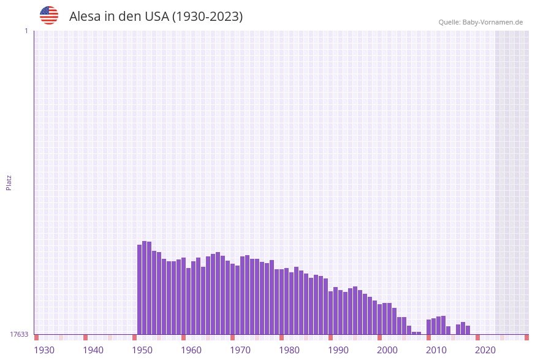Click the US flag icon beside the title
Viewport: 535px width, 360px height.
49,15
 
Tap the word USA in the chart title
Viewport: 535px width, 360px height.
156,17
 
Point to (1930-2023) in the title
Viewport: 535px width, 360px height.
208,17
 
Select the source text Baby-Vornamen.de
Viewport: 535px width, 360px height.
493,22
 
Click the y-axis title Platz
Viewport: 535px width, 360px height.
9,183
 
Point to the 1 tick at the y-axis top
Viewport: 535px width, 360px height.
26,31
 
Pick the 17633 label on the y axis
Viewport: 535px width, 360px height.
19,334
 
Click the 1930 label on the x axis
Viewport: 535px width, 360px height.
44,350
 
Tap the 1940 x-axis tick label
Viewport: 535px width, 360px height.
93,350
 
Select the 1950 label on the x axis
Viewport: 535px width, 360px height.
142,350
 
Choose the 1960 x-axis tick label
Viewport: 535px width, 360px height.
191,350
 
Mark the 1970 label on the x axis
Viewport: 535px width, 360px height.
240,350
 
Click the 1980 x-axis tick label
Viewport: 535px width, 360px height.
289,350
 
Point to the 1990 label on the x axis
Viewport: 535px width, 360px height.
338,350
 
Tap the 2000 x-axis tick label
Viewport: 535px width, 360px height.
387,350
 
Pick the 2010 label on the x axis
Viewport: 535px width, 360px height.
436,350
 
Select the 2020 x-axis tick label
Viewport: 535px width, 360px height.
485,350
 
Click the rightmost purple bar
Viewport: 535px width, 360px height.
468,330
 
